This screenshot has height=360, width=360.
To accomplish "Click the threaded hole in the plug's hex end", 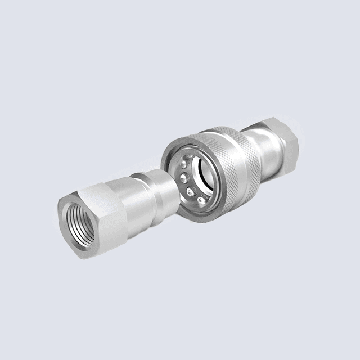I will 80,221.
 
